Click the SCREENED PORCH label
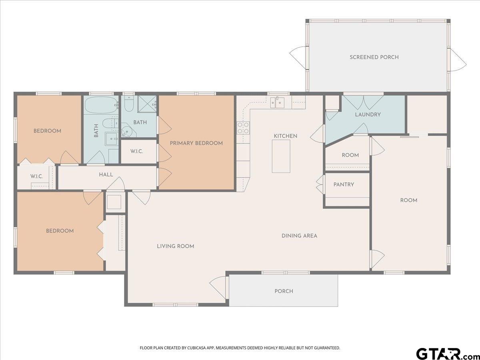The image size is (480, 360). [x=374, y=57]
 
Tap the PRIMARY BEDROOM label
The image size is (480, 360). [x=196, y=143]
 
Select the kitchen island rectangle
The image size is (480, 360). [x=281, y=156]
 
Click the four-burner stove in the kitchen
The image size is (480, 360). [x=243, y=128]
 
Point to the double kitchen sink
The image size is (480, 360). [x=277, y=102]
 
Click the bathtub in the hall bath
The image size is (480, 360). [x=101, y=106]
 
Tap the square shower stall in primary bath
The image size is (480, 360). [x=147, y=104]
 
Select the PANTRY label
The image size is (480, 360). [x=344, y=185]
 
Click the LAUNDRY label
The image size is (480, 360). [x=368, y=114]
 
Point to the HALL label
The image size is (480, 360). [x=106, y=175]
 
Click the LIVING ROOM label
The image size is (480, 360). [x=175, y=246]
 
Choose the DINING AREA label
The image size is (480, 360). [x=299, y=236]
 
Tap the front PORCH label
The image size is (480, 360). [x=284, y=291]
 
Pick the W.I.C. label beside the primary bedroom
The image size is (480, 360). [x=137, y=151]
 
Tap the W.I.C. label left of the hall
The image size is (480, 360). [x=36, y=176]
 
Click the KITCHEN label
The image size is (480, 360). [x=285, y=136]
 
